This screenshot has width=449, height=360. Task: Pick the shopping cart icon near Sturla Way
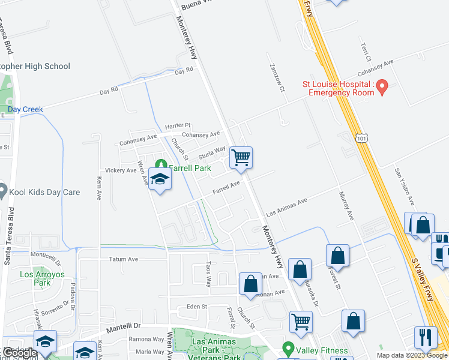coord(241,158)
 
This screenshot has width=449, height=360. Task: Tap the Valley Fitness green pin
coord(288,348)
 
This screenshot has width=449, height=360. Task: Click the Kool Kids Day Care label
coord(46,193)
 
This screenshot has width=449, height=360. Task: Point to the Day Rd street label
coord(184,71)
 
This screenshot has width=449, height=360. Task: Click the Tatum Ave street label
coord(124,259)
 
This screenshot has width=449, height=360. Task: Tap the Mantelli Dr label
coord(122,327)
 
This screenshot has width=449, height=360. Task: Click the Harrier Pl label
coord(178,126)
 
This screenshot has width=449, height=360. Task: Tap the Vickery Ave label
coord(121,170)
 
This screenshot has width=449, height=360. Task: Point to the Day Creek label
coord(25,109)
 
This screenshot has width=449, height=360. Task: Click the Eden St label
coord(196,307)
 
